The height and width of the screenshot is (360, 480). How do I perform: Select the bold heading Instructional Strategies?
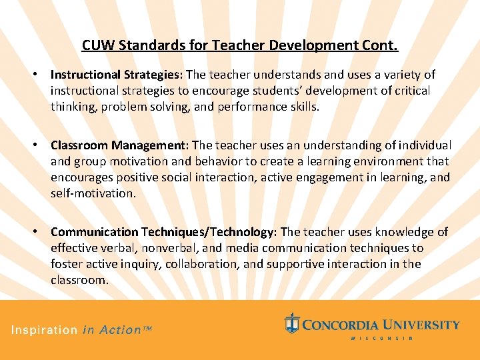coord(117,75)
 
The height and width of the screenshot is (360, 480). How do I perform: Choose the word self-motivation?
coord(93,193)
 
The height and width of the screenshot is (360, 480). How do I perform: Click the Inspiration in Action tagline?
coord(81,330)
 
